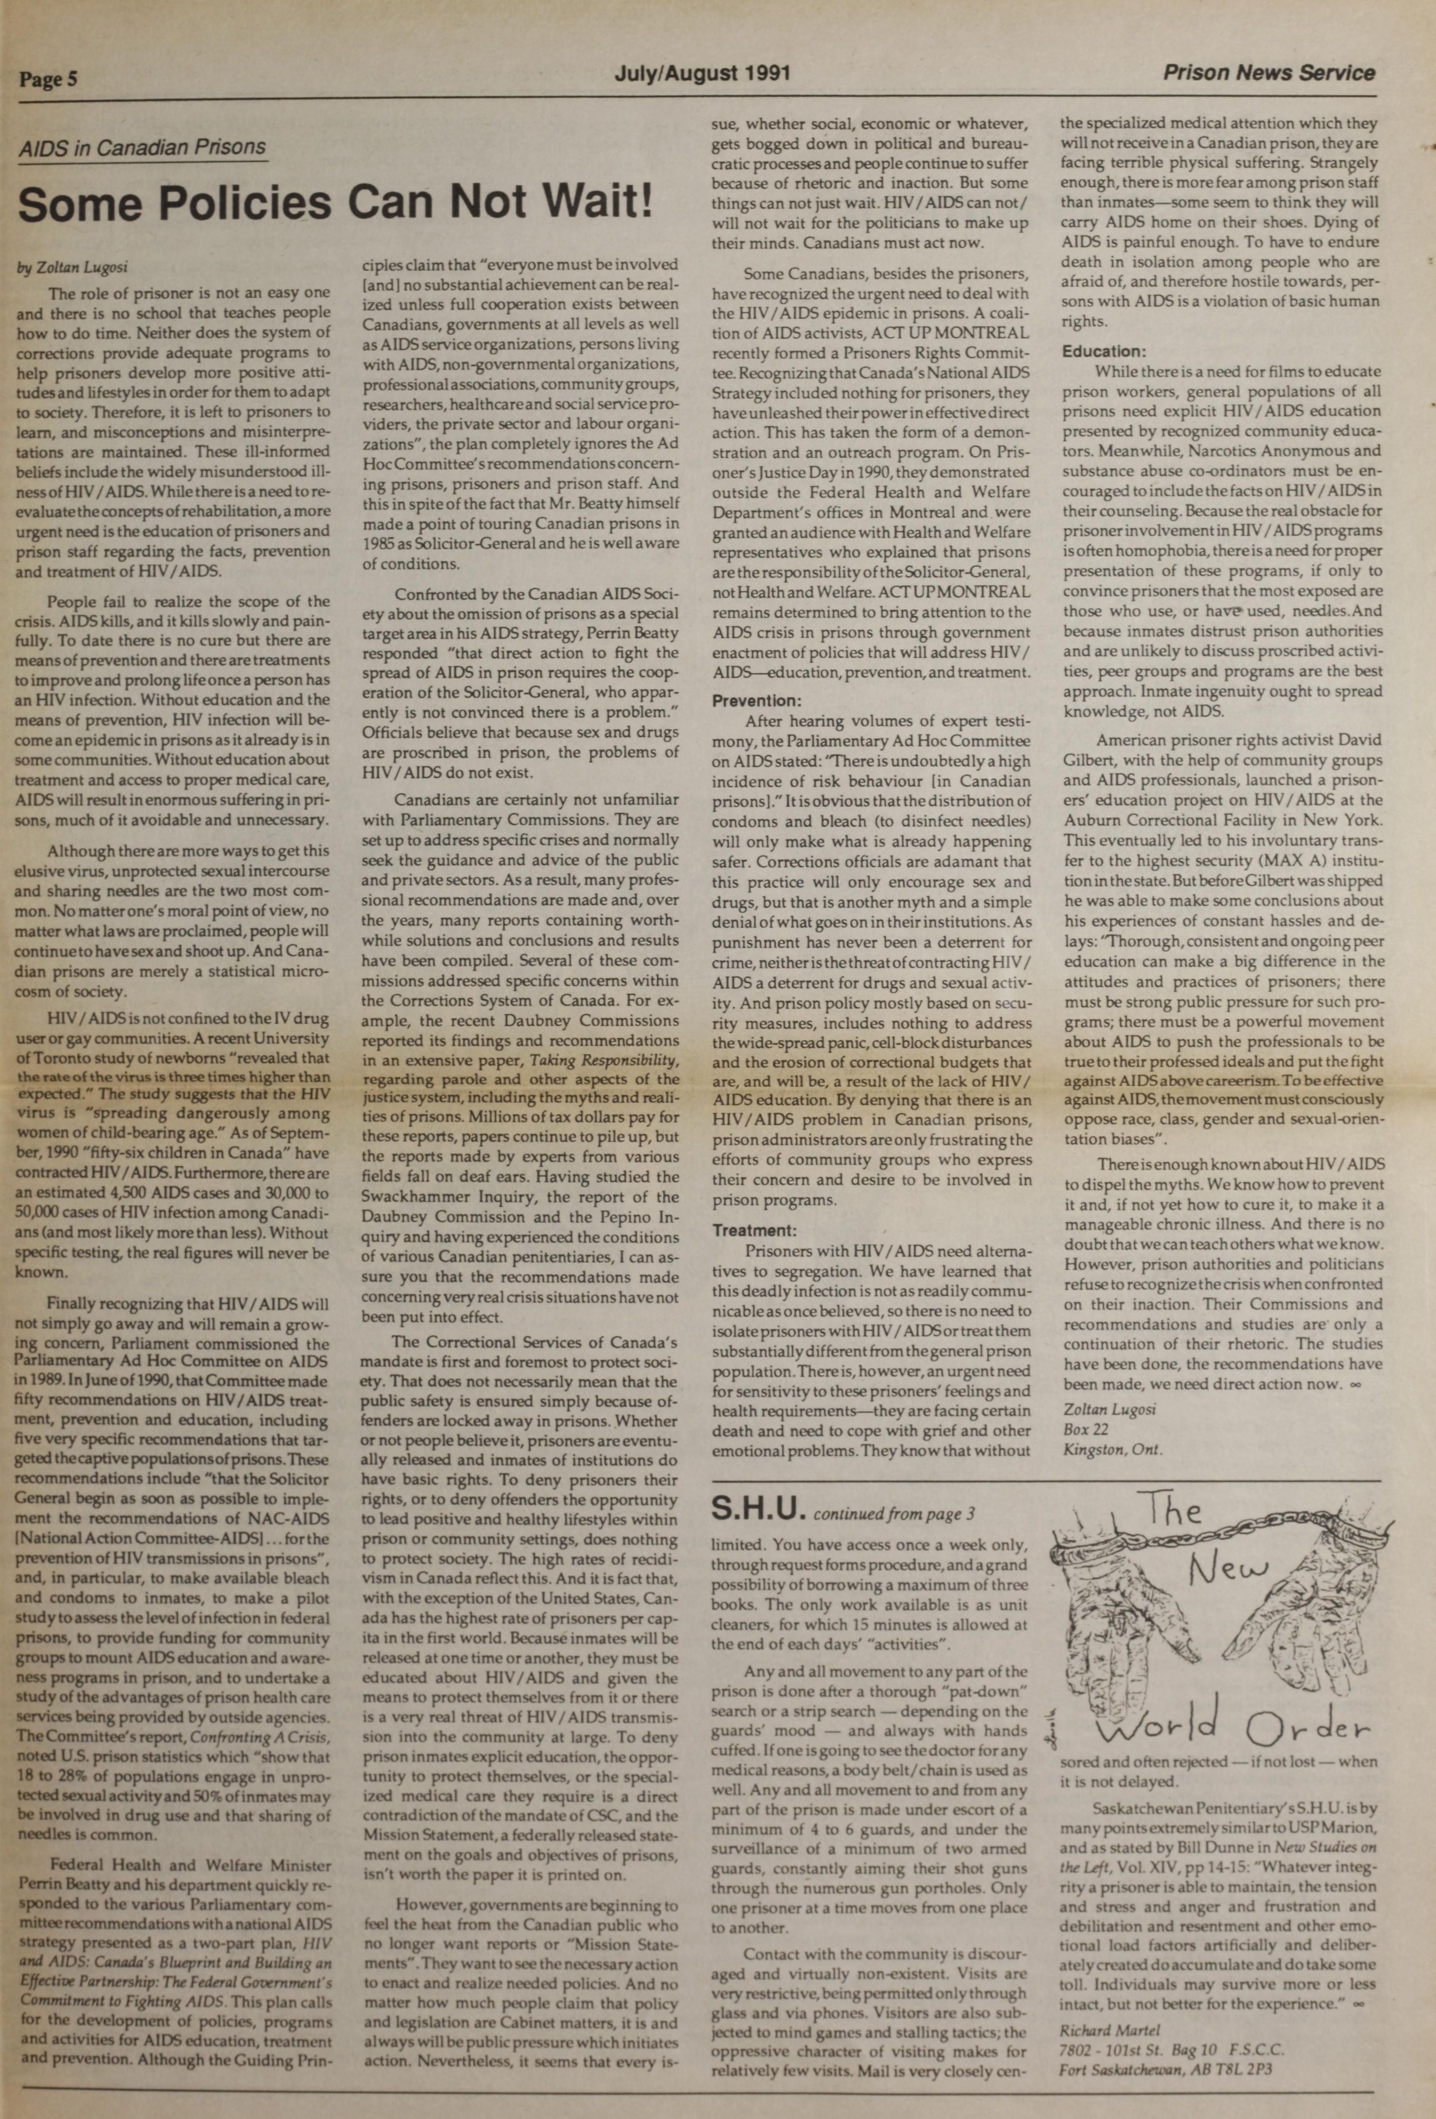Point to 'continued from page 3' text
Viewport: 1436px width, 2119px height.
point(893,1514)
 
